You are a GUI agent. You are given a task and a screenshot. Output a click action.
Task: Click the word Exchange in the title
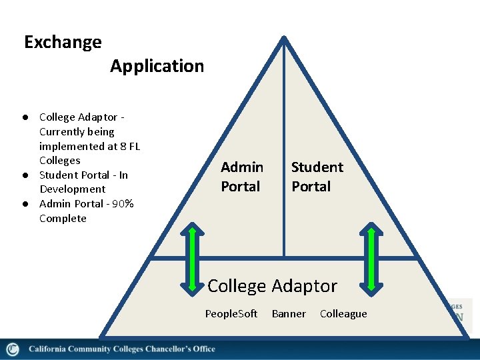click(63, 43)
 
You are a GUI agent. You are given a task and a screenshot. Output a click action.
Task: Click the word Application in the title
click(157, 66)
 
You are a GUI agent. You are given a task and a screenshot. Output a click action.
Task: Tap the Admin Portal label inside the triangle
click(241, 177)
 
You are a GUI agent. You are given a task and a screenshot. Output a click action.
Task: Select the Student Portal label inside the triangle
click(317, 177)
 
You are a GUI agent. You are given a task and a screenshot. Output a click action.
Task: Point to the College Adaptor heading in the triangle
click(272, 286)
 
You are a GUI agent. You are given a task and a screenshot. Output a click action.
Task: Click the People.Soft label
click(231, 314)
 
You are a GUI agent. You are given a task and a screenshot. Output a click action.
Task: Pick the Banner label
click(289, 314)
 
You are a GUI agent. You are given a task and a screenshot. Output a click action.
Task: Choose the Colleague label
click(343, 314)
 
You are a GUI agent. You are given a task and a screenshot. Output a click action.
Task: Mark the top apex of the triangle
click(284, 39)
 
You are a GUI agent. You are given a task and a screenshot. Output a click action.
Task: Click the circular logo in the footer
click(12, 349)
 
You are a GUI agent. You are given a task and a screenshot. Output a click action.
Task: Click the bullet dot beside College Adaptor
click(24, 117)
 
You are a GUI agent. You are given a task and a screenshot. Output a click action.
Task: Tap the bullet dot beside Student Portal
click(24, 175)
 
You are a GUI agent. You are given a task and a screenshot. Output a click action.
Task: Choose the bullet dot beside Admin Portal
click(24, 204)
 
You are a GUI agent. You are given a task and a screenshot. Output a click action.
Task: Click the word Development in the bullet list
click(72, 189)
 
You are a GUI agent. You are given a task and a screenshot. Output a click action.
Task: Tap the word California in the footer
click(48, 349)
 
